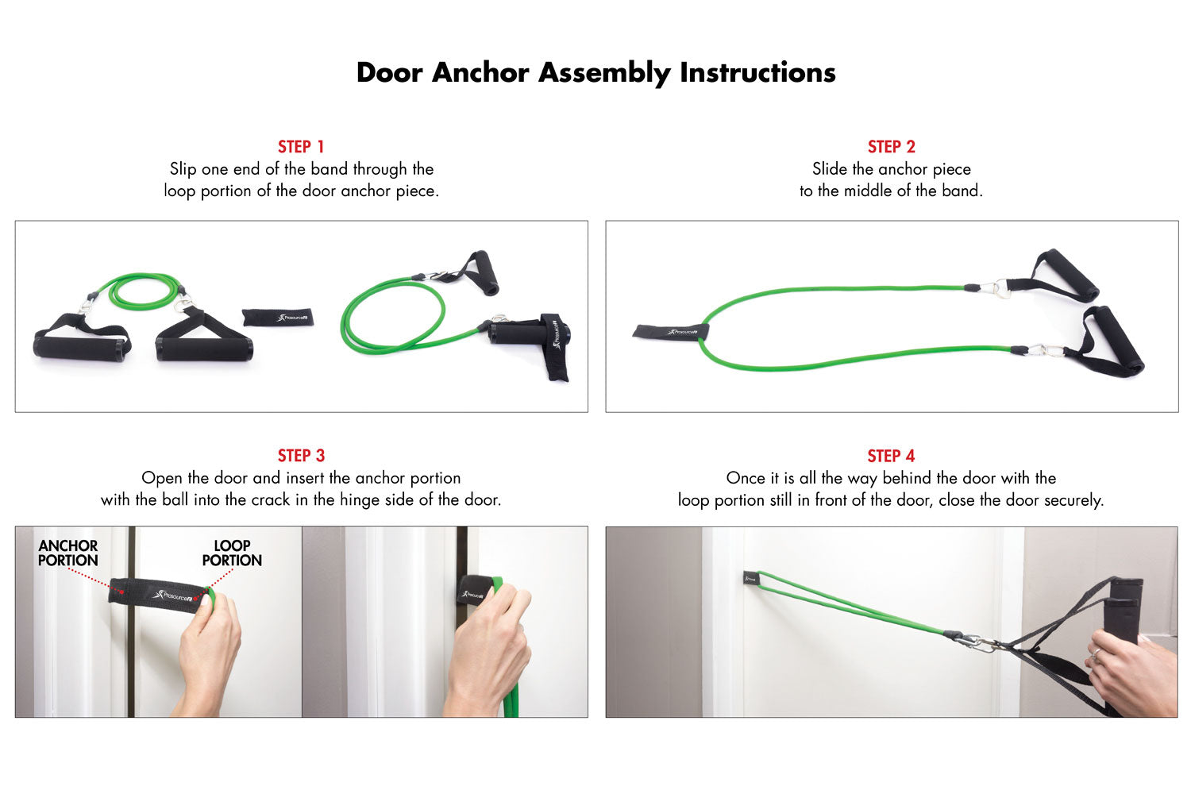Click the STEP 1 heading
301,146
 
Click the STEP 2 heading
892,146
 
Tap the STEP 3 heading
301,456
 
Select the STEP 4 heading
891,456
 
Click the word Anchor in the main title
480,72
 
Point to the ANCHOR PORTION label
68,553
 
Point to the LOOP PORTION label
232,553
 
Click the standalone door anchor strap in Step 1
278,317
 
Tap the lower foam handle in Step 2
1112,341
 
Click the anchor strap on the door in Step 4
751,579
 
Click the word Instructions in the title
757,72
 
